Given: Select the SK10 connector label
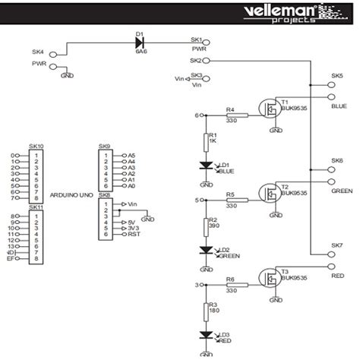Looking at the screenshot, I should pyautogui.click(x=36, y=146).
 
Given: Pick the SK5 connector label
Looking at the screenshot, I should pyautogui.click(x=336, y=77).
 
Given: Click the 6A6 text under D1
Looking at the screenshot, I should pyautogui.click(x=141, y=53).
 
